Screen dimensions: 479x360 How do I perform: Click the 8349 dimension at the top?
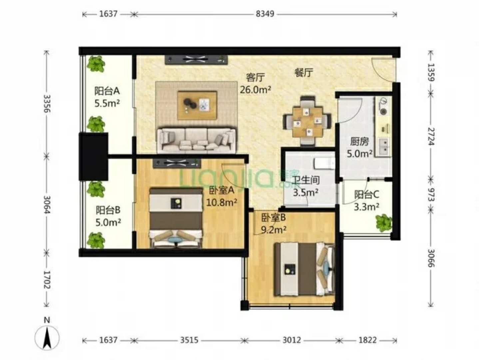click(265, 14)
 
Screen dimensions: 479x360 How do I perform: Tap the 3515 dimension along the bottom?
click(189, 340)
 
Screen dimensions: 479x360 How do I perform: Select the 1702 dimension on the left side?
click(47, 280)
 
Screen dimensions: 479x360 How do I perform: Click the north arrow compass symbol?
click(47, 334)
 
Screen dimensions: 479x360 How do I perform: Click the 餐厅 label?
click(304, 72)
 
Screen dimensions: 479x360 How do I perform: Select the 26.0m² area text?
click(255, 90)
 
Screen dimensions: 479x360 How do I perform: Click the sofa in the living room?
click(197, 140)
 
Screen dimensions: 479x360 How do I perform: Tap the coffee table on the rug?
click(197, 105)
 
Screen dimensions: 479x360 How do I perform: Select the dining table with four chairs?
click(307, 121)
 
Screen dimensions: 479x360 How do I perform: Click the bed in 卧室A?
click(176, 218)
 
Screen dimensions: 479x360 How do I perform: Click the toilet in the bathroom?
click(324, 164)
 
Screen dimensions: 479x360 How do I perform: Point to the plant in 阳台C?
click(384, 223)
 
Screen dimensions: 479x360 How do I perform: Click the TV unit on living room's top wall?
click(196, 60)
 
